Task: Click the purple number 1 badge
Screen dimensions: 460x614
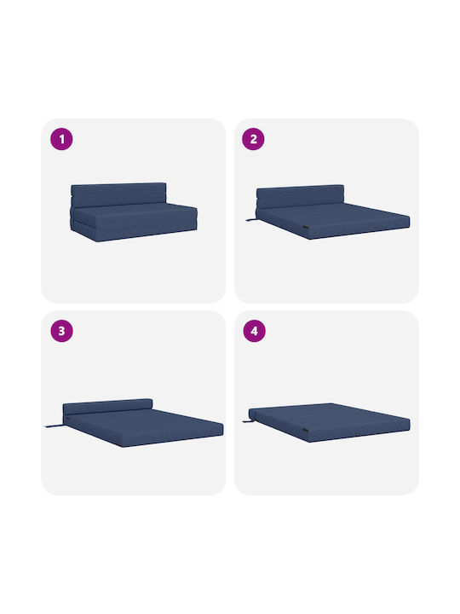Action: pyautogui.click(x=61, y=139)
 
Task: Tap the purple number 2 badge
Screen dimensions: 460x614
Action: pyautogui.click(x=253, y=139)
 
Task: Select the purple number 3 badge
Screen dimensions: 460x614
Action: pyautogui.click(x=62, y=331)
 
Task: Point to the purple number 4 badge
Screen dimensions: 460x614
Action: pyautogui.click(x=254, y=331)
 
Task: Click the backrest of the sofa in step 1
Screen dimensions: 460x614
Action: pyautogui.click(x=118, y=194)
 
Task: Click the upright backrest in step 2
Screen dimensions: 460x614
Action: pyautogui.click(x=300, y=197)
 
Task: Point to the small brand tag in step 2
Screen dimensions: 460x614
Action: pyautogui.click(x=307, y=228)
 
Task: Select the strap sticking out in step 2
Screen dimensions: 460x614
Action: pyautogui.click(x=250, y=221)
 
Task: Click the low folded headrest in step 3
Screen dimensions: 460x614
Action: pyautogui.click(x=107, y=407)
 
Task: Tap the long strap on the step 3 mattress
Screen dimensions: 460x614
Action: pyautogui.click(x=54, y=426)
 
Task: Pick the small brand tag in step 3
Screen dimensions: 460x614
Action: pyautogui.click(x=70, y=420)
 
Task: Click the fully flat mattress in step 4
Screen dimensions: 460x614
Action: pyautogui.click(x=330, y=422)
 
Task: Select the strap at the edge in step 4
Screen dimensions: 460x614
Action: pyautogui.click(x=247, y=421)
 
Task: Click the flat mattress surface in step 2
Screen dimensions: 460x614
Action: pyautogui.click(x=336, y=217)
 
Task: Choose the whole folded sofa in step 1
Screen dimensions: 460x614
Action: pyautogui.click(x=134, y=211)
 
